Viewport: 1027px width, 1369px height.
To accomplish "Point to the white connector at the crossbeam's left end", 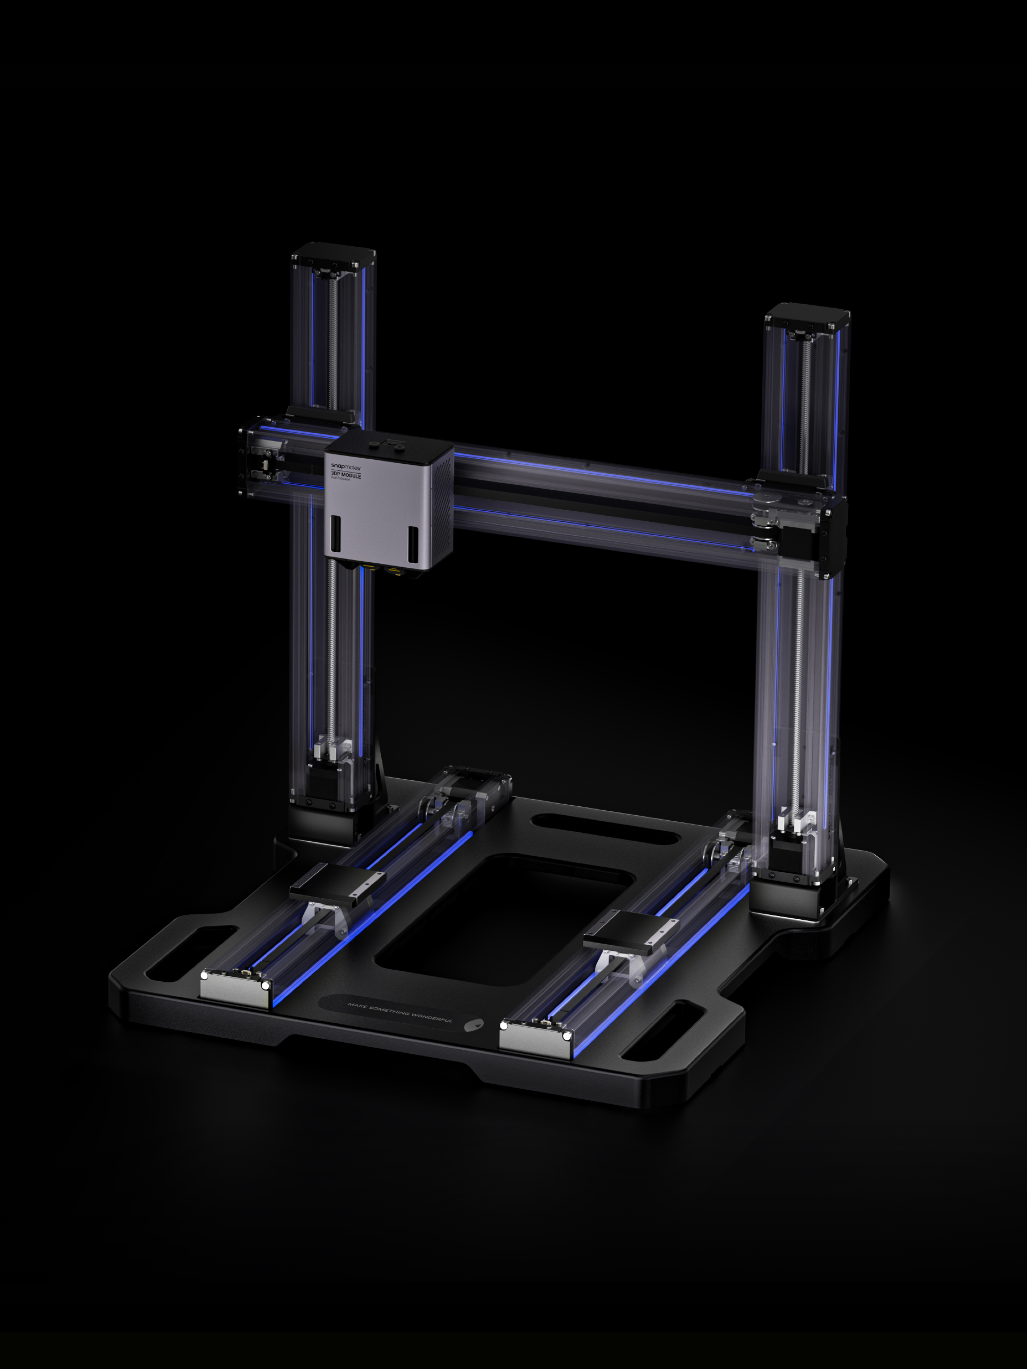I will coord(266,464).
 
